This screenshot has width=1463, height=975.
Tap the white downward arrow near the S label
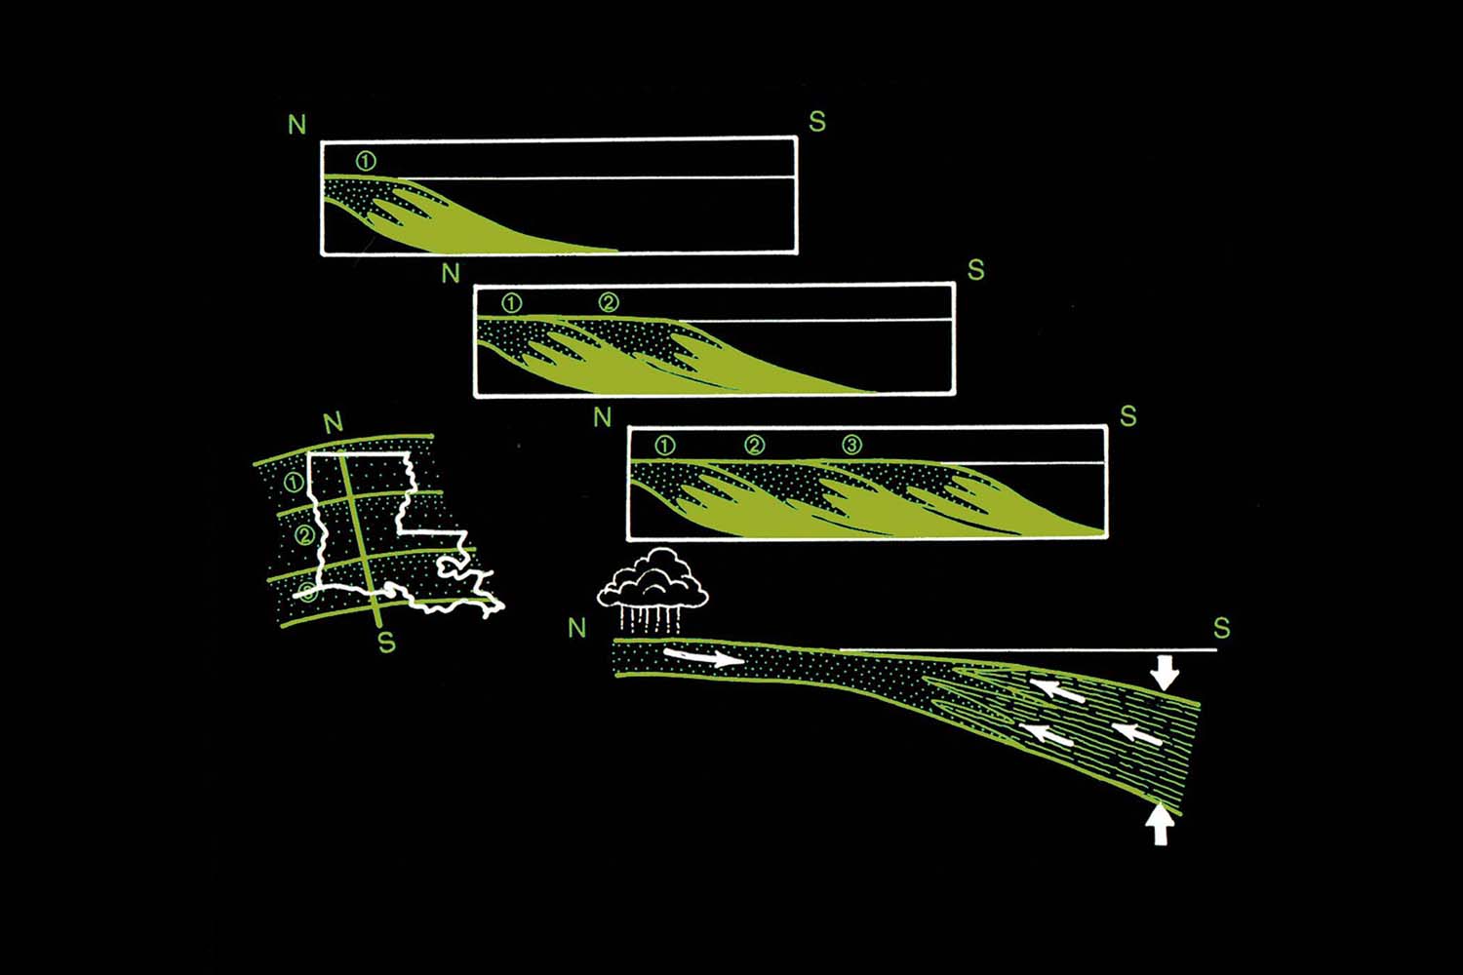1164,673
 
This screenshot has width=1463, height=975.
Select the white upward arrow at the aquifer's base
1160,824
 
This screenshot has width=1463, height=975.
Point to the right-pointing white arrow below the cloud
704,657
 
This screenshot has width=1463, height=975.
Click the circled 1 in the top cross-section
366,161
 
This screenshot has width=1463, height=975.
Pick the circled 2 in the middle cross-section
609,302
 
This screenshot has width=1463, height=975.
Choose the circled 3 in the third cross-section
851,445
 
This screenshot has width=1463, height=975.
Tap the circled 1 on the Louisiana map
294,483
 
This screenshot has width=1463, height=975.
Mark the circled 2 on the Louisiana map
304,535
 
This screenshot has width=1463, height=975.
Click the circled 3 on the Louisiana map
307,593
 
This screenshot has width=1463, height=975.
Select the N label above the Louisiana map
334,424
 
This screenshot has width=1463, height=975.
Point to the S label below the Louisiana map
386,643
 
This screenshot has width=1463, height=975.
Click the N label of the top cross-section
297,125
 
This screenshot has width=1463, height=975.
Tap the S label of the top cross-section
817,121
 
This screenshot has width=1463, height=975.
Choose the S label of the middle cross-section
975,270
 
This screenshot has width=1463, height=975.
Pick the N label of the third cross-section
602,416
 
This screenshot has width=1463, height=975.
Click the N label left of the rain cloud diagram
577,628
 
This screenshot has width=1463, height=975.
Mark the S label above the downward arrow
1221,628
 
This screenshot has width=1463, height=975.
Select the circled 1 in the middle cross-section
512,303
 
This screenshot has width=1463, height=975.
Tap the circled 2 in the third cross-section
754,446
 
